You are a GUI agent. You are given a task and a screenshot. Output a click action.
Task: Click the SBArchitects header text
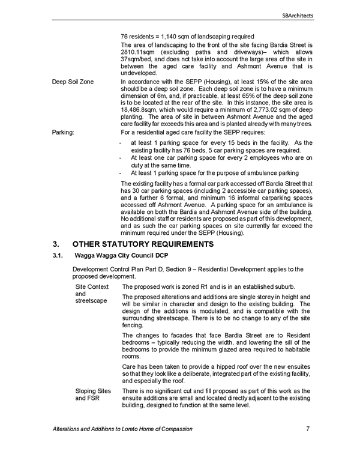[298, 16]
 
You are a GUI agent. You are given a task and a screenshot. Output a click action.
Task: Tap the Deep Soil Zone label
[73, 82]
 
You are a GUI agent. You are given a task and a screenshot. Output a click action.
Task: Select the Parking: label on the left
[63, 133]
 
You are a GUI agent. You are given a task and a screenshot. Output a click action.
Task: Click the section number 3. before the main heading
[56, 244]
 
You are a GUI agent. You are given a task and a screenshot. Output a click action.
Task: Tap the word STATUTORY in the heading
[125, 244]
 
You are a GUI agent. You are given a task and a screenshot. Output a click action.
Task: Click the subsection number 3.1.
[58, 256]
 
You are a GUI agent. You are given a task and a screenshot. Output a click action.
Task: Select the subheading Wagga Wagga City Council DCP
[121, 256]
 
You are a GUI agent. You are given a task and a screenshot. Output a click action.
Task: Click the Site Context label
[92, 287]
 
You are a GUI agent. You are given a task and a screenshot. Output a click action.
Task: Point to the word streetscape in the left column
[91, 301]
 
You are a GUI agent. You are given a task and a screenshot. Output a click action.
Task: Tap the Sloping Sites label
[93, 391]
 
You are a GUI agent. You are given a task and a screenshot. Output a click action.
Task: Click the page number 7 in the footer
[308, 429]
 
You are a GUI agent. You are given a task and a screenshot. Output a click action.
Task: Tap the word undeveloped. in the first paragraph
[139, 73]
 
